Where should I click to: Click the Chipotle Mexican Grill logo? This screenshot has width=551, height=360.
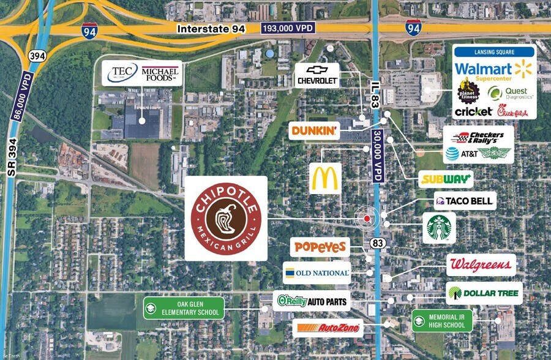(226, 219)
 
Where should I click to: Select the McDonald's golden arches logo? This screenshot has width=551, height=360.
(324, 178)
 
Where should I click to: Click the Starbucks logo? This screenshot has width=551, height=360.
(438, 228)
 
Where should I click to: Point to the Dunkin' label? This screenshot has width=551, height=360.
(313, 130)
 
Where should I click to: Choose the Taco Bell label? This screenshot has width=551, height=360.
(463, 201)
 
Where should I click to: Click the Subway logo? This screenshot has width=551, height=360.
(446, 179)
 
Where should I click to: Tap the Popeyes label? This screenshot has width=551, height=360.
(320, 247)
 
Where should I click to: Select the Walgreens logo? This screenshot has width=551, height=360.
(481, 265)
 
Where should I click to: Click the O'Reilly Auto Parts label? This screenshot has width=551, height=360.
(312, 301)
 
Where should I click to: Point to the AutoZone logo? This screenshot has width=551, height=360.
(328, 329)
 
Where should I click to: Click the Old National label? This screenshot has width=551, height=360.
(317, 272)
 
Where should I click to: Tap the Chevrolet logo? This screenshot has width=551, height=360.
(317, 74)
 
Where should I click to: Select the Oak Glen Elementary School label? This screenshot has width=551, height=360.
(182, 308)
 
